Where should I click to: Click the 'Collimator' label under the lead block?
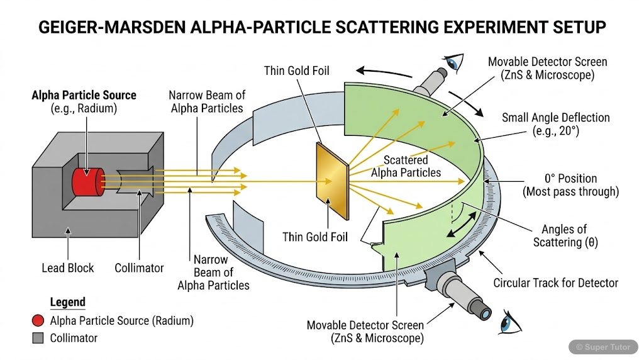click(x=139, y=268)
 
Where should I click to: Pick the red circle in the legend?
click(x=38, y=321)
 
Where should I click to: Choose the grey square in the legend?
click(x=38, y=338)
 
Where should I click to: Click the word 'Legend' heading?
click(x=67, y=303)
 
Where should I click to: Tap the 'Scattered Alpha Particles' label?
click(x=406, y=166)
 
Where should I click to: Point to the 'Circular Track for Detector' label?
click(x=555, y=283)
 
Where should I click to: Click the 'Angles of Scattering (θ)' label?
click(x=564, y=235)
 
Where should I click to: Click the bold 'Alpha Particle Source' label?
click(x=84, y=95)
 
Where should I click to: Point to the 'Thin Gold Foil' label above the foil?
click(x=296, y=70)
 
